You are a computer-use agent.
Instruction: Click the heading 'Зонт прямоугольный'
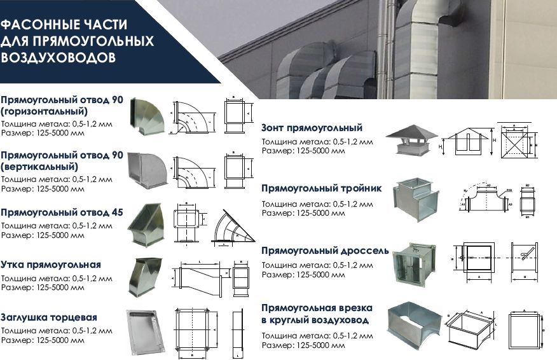point(312,128)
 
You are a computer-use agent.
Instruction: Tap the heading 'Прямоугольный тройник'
point(321,188)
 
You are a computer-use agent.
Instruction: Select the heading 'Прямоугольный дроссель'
point(325,251)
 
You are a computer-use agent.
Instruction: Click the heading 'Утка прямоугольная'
point(51,264)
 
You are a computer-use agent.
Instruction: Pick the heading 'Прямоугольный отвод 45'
point(62,212)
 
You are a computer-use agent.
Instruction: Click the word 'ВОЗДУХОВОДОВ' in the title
point(58,57)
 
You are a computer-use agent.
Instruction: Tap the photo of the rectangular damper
point(415,260)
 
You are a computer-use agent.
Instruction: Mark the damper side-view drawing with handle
point(524,258)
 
